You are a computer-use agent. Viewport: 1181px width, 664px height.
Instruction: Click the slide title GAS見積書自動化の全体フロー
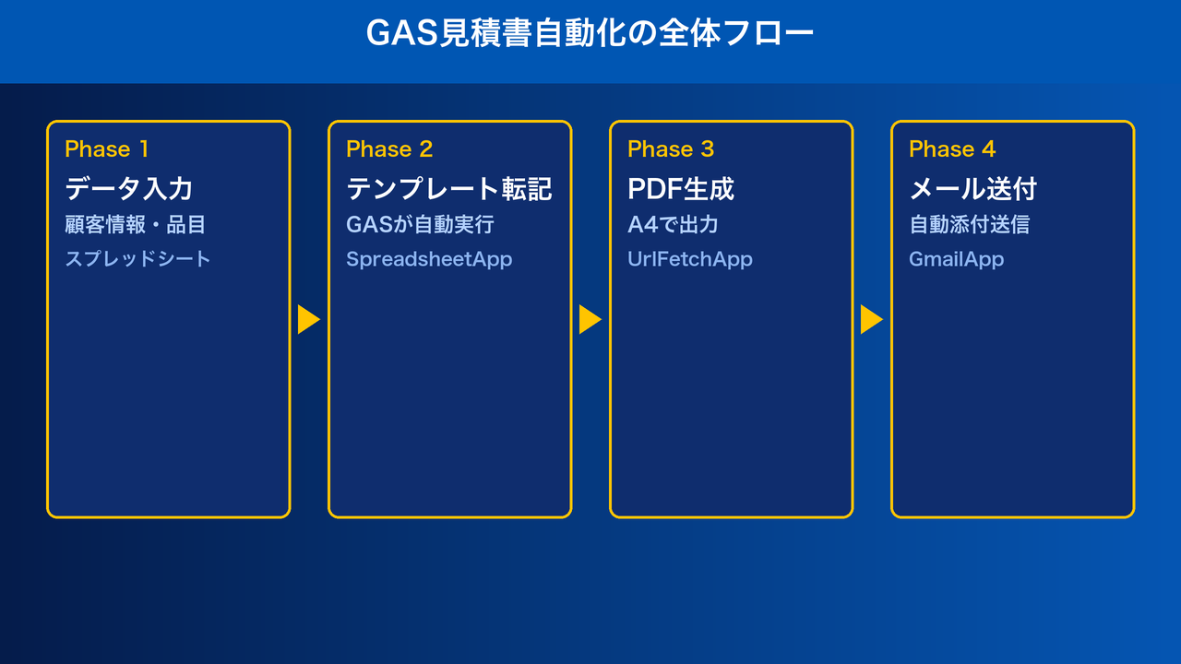coord(590,34)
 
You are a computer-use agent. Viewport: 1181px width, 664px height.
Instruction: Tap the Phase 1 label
coord(107,149)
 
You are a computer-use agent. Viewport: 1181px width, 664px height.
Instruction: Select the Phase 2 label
coord(389,149)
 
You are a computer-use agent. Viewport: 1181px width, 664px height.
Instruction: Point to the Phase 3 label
coord(671,149)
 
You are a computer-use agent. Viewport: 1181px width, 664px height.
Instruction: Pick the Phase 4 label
coord(952,149)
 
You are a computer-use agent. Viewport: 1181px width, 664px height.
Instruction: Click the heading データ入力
coord(129,189)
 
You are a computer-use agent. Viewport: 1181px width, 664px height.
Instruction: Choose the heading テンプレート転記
coord(449,189)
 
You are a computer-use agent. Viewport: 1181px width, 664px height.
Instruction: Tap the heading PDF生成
coord(681,189)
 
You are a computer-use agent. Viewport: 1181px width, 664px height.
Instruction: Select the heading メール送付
coord(973,189)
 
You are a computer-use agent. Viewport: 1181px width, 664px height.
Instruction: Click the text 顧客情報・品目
coord(135,224)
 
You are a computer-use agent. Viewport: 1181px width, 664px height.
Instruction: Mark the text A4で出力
coord(673,224)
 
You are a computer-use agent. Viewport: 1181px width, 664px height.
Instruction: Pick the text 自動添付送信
coord(969,224)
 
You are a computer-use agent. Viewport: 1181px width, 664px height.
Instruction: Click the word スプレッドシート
coord(137,259)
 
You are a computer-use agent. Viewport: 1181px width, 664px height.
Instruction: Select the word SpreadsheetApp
coord(429,259)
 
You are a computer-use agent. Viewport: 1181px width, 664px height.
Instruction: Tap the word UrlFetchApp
coord(690,259)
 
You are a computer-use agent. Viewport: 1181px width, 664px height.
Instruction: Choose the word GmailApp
coord(956,259)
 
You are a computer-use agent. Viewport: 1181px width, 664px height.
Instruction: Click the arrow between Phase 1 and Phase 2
coord(308,320)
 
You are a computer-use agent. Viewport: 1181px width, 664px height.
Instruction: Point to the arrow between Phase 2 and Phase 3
coord(590,320)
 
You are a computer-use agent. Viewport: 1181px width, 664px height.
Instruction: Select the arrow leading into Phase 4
coord(871,320)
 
